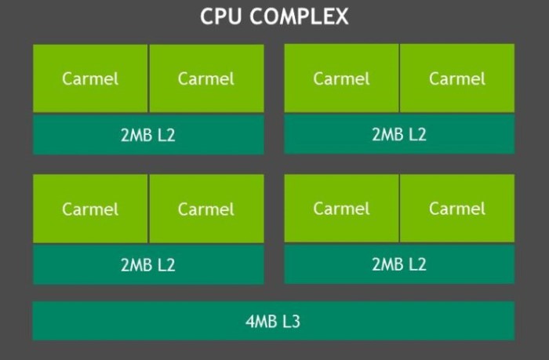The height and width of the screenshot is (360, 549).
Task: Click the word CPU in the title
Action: click(x=221, y=16)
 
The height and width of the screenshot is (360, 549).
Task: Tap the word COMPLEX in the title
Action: click(x=300, y=16)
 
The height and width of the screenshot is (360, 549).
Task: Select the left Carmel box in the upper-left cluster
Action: click(x=90, y=78)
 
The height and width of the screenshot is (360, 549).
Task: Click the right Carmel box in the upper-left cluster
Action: click(x=206, y=78)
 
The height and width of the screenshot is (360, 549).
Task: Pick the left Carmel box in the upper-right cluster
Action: click(x=341, y=78)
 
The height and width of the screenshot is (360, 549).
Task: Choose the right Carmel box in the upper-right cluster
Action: click(x=457, y=78)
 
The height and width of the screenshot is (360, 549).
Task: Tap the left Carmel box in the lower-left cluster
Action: click(x=90, y=209)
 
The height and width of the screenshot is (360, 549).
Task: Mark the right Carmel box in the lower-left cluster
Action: click(x=206, y=209)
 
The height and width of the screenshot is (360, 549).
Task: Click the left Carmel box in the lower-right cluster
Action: click(x=341, y=209)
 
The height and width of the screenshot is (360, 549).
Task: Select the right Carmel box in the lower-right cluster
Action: click(x=457, y=209)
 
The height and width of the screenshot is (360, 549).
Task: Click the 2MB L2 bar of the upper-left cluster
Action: click(x=148, y=134)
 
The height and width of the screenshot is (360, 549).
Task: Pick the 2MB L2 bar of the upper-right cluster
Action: click(x=399, y=134)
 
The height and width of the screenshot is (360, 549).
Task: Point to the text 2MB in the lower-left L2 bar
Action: click(x=136, y=265)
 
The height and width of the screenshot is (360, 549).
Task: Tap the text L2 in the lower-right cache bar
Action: click(x=417, y=264)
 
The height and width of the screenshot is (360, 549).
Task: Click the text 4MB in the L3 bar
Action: click(x=261, y=321)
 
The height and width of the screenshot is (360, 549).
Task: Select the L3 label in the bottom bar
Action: click(x=291, y=321)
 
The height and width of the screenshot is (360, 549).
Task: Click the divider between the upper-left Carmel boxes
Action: click(x=148, y=78)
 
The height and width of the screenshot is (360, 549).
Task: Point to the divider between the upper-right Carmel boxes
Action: click(x=399, y=78)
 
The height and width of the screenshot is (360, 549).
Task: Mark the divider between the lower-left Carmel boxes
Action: click(x=148, y=209)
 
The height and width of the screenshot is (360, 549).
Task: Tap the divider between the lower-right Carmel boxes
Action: click(x=399, y=209)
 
